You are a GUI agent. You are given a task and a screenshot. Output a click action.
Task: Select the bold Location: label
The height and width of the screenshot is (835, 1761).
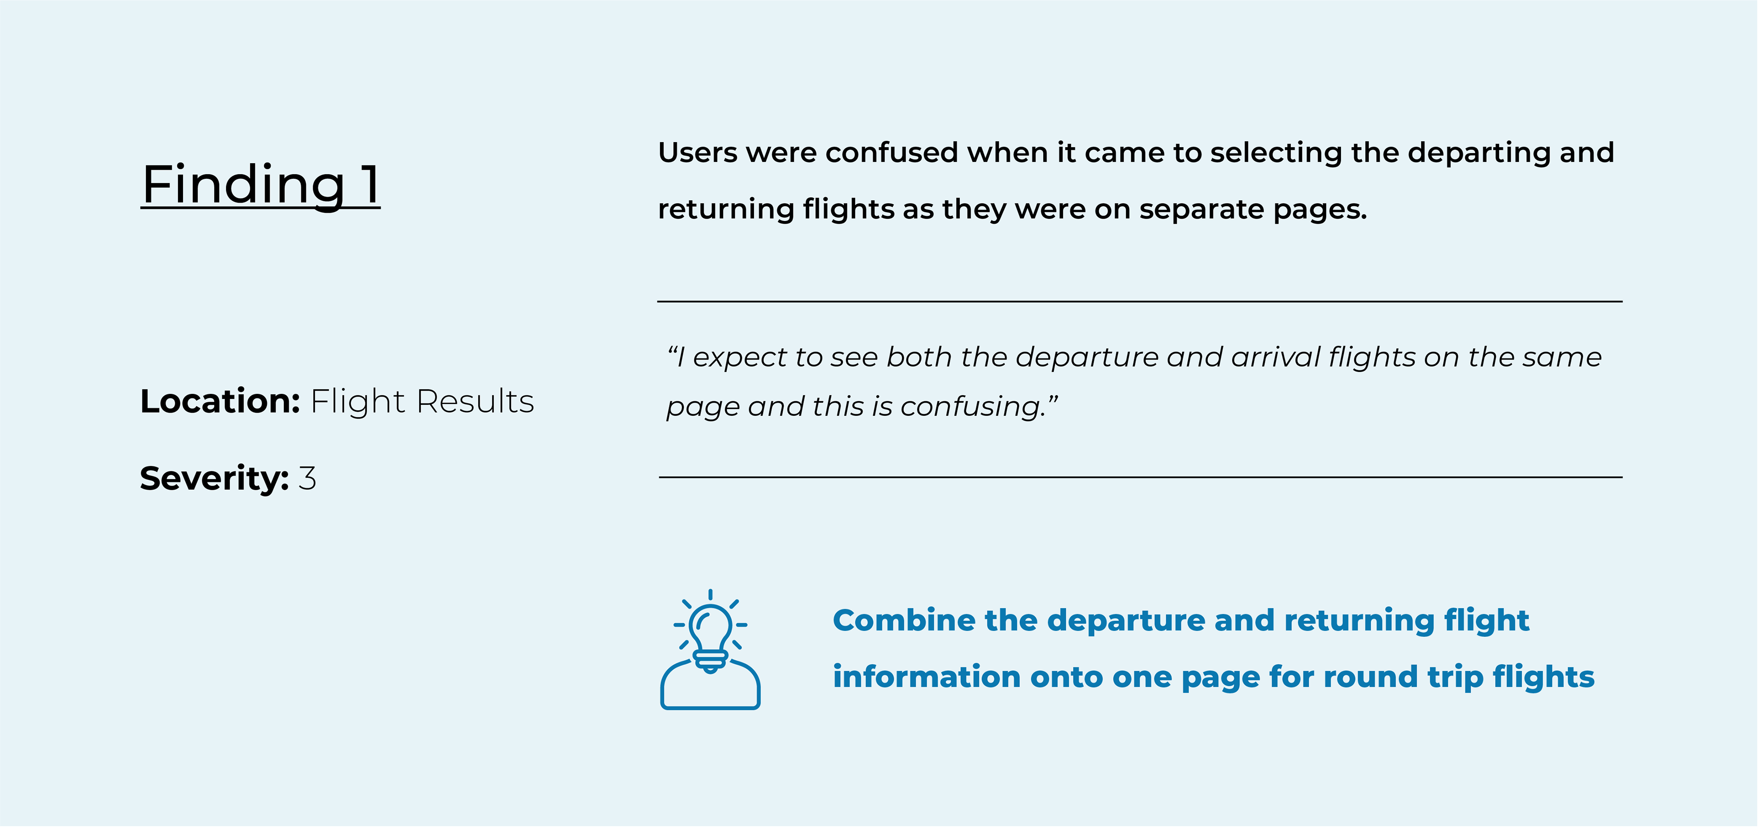tap(220, 401)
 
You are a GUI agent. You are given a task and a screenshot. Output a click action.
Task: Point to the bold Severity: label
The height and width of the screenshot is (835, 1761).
tap(215, 478)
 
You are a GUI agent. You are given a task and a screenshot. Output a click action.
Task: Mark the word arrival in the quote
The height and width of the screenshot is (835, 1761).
tap(1276, 357)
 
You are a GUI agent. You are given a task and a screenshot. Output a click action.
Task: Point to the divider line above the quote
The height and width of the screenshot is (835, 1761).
tap(1140, 301)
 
